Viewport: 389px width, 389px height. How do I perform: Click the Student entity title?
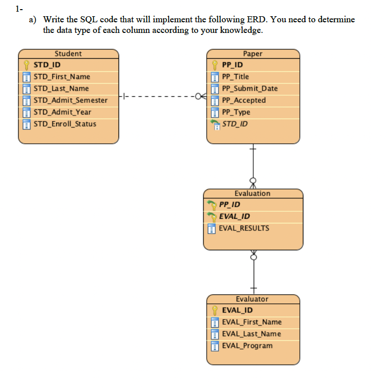coord(68,54)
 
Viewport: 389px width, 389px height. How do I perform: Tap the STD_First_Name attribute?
coord(61,76)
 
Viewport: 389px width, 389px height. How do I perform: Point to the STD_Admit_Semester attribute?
coord(70,100)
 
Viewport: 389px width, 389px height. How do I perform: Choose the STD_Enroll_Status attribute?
coord(64,124)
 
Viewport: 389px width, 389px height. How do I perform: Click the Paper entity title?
coord(252,54)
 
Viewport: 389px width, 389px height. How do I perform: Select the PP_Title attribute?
coord(236,76)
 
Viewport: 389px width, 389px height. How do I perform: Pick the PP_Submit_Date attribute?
coord(250,88)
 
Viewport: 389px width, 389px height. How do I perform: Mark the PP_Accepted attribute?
coord(244,100)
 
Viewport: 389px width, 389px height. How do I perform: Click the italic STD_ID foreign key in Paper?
coord(235,124)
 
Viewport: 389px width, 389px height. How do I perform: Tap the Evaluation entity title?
coord(252,193)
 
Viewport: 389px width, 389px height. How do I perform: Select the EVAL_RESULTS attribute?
coord(244,228)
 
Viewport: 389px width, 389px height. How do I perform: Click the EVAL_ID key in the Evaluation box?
coord(234,216)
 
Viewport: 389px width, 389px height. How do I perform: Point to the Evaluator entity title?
coord(252,299)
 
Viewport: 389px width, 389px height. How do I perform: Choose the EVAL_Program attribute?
coord(247,345)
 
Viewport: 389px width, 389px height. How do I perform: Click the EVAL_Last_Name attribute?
coord(251,334)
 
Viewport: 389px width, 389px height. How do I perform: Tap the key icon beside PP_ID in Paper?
coord(215,65)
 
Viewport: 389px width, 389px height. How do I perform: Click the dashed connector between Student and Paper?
coord(162,96)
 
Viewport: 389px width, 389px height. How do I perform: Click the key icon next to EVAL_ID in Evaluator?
coord(215,310)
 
